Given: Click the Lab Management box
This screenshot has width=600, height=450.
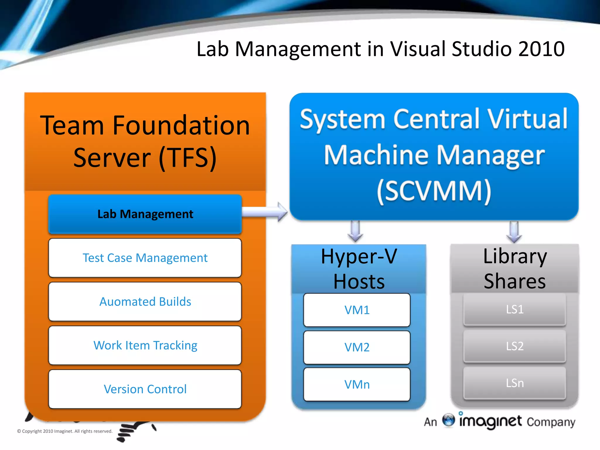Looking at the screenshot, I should point(145,214).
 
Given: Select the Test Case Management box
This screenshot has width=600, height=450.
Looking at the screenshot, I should point(145,258).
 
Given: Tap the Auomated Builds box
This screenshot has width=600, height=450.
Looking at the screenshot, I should point(145,302).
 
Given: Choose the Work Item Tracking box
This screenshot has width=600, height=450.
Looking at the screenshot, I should point(145,345).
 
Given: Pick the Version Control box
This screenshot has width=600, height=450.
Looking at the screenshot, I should point(145,389).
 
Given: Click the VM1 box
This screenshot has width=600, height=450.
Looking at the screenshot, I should point(357,310).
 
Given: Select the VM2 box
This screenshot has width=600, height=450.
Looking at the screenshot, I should point(357,347).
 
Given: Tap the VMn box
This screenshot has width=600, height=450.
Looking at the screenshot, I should point(357,384).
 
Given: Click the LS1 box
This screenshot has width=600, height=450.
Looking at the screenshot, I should point(514,309).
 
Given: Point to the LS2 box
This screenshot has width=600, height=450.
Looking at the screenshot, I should point(514,346).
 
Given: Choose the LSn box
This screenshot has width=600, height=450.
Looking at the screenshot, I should point(514,383).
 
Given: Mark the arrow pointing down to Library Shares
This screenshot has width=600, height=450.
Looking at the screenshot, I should point(514,232).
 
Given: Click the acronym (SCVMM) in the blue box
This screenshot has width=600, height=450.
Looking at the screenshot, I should point(434,191).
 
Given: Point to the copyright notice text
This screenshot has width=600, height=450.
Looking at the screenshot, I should point(65,431).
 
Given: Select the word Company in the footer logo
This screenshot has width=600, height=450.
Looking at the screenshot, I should point(551,422).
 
